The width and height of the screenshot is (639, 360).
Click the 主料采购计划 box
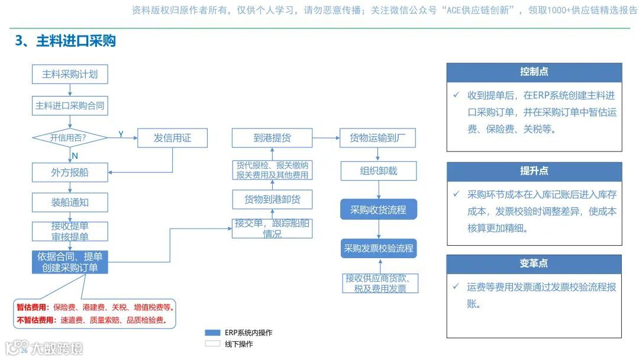click(70, 75)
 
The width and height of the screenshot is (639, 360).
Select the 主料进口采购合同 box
click(70, 106)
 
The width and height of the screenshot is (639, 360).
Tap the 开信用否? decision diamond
click(69, 138)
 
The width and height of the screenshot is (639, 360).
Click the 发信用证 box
click(172, 138)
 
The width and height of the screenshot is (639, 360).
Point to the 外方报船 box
click(70, 172)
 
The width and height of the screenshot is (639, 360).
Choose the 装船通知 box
click(70, 202)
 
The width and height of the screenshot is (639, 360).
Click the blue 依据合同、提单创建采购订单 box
click(70, 262)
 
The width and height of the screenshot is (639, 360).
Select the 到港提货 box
click(272, 138)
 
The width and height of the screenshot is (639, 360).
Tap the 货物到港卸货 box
click(272, 200)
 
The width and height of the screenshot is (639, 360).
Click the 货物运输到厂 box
click(378, 138)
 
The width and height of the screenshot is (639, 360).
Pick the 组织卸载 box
click(378, 171)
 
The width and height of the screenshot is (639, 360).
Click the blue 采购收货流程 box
click(378, 210)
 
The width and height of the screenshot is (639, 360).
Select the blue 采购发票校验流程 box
click(379, 249)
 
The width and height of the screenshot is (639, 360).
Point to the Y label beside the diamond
click(121, 134)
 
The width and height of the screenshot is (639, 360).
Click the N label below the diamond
click(75, 156)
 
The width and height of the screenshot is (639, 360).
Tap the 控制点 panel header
click(534, 72)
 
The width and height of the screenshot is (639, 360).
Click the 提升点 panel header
click(534, 171)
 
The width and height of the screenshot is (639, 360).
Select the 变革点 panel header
click(534, 263)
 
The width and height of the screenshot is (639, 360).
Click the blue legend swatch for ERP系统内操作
click(212, 333)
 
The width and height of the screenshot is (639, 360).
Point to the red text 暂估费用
click(33, 307)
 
